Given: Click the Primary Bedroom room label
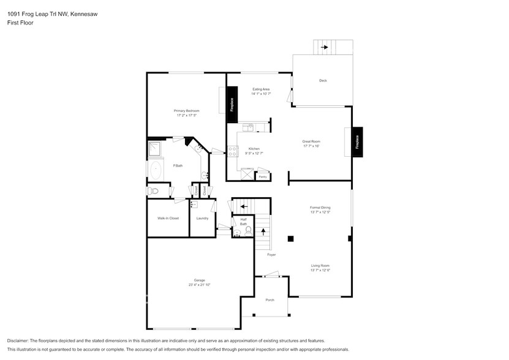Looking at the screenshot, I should [x=188, y=111].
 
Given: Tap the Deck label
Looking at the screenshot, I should [x=322, y=81].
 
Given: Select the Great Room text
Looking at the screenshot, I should [x=311, y=141].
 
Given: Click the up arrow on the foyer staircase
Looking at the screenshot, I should [x=263, y=232].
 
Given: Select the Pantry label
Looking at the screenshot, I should [x=263, y=177].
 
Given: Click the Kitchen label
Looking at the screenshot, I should [x=254, y=149].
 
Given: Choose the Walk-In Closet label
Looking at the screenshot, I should [x=168, y=218].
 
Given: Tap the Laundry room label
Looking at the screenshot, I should [x=202, y=218].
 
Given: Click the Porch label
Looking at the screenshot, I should [x=270, y=300].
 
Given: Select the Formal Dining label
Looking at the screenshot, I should [x=320, y=208].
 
